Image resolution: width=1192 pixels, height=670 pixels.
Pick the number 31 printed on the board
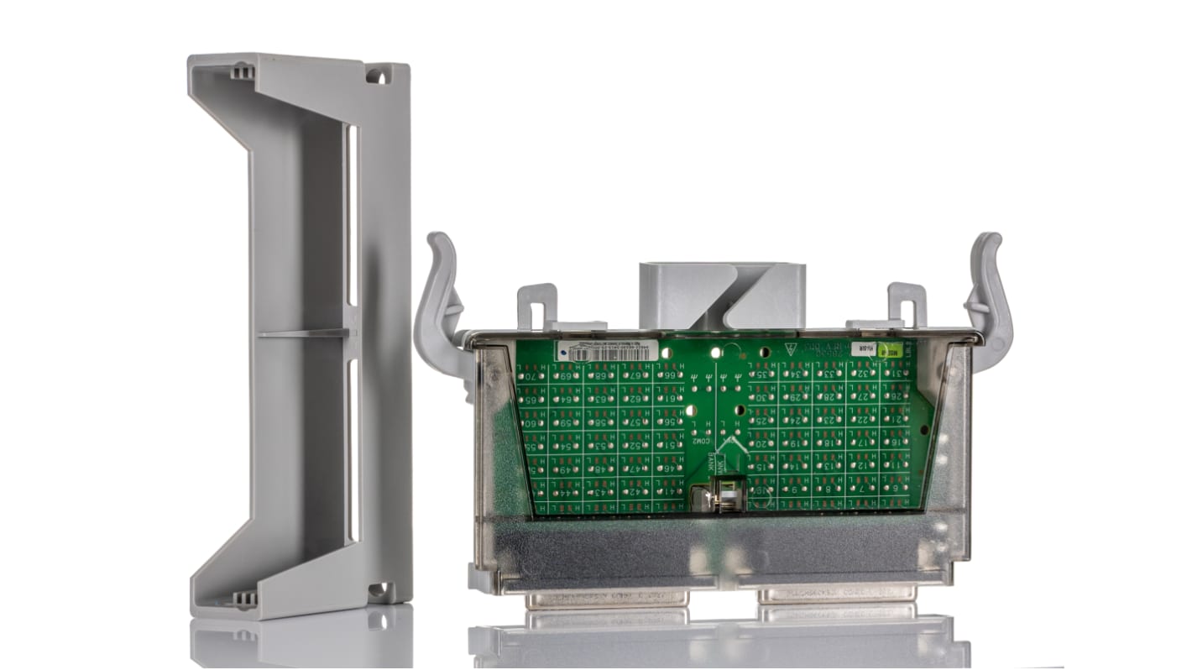pyautogui.click(x=897, y=373)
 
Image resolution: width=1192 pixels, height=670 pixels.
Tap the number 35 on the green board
pyautogui.click(x=761, y=374)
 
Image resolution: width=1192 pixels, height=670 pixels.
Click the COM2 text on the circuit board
pyautogui.click(x=702, y=440)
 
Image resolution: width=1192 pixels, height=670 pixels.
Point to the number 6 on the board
pyautogui.click(x=895, y=488)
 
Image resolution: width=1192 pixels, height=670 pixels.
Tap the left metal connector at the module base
pyautogui.click(x=607, y=599)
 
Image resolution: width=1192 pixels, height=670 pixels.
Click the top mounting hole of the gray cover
pyautogui.click(x=377, y=76)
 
